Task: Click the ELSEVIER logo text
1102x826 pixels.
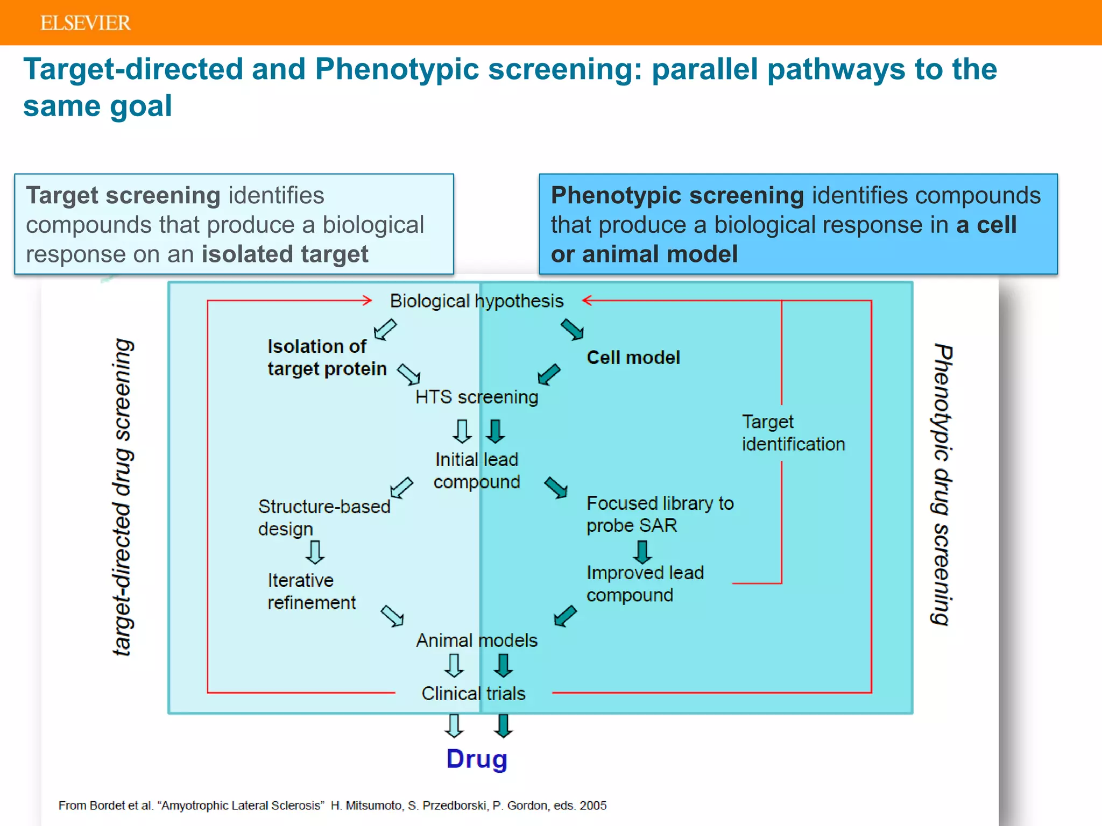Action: point(85,23)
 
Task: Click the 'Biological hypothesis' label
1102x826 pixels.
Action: point(476,301)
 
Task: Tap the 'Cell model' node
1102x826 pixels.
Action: point(633,358)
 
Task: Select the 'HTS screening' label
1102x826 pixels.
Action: point(476,397)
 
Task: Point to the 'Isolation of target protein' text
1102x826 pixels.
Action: point(327,358)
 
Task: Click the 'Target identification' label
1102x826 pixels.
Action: point(793,433)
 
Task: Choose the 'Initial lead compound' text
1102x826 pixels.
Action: point(476,471)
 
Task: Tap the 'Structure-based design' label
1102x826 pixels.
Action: point(323,517)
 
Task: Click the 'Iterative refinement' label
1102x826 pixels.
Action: point(311,592)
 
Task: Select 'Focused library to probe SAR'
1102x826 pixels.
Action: point(659,514)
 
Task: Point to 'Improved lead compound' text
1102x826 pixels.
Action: point(645,584)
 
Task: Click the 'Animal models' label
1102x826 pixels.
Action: point(476,640)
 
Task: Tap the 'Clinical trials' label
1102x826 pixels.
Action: point(473,694)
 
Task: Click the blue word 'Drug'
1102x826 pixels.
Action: point(477,759)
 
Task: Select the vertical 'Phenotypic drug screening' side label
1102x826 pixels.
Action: point(942,484)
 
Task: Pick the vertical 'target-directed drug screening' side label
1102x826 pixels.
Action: point(123,497)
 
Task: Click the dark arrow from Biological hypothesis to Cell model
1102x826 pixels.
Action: point(572,329)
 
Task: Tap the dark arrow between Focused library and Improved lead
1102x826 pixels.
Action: point(642,551)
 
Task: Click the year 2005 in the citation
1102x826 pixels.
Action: point(593,806)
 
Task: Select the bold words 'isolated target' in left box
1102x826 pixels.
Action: point(285,254)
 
